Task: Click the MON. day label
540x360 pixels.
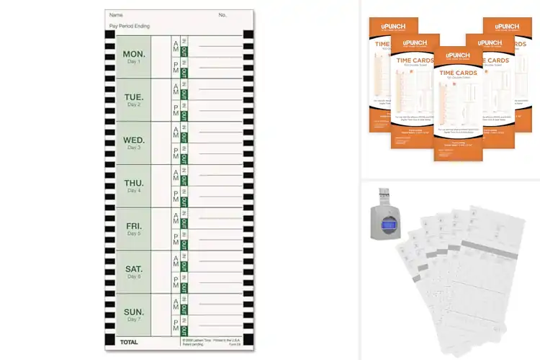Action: coord(134,54)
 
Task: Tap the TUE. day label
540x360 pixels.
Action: coord(134,97)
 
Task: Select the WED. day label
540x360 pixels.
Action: coord(134,140)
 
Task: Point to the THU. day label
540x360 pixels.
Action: coord(134,183)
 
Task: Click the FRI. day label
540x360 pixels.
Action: coord(134,226)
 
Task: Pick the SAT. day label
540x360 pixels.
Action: coord(134,269)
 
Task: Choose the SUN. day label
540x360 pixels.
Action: coord(134,312)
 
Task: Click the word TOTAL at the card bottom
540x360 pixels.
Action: coord(129,342)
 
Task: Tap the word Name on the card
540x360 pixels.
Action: coord(116,14)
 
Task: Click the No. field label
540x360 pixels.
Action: coord(222,14)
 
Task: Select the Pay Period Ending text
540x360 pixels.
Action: coord(130,25)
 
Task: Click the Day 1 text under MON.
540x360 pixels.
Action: coord(134,62)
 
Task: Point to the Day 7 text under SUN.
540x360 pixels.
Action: coord(134,320)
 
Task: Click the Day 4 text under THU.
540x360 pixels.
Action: coord(134,191)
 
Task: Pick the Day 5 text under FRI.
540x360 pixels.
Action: coord(134,234)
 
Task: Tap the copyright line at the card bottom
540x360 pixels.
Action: coord(211,339)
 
